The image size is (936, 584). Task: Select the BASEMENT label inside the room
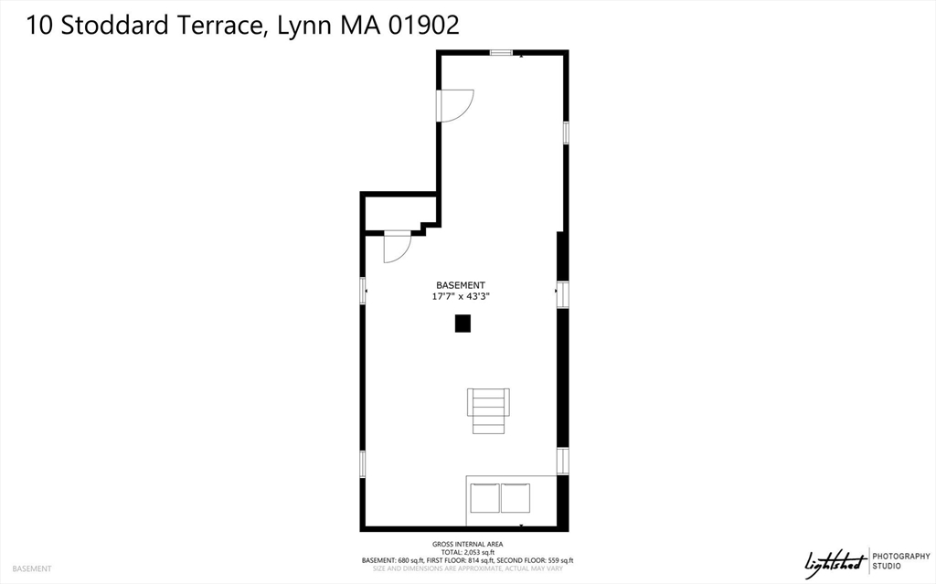[460, 285]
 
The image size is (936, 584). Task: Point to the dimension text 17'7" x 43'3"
[467, 297]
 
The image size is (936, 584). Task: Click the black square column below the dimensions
[463, 323]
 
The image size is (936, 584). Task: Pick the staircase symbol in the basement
[488, 410]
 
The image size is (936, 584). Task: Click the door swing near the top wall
[457, 102]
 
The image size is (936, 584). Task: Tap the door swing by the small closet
[397, 248]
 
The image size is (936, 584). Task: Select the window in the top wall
[500, 53]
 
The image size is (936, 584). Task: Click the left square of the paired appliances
[484, 498]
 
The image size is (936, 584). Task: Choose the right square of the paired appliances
[515, 498]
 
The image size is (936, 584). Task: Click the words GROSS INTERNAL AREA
[466, 545]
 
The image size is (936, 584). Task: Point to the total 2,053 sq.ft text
[467, 553]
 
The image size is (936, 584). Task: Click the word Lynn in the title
[302, 27]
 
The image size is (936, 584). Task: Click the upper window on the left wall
[364, 291]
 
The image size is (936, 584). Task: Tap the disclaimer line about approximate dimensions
[467, 568]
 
